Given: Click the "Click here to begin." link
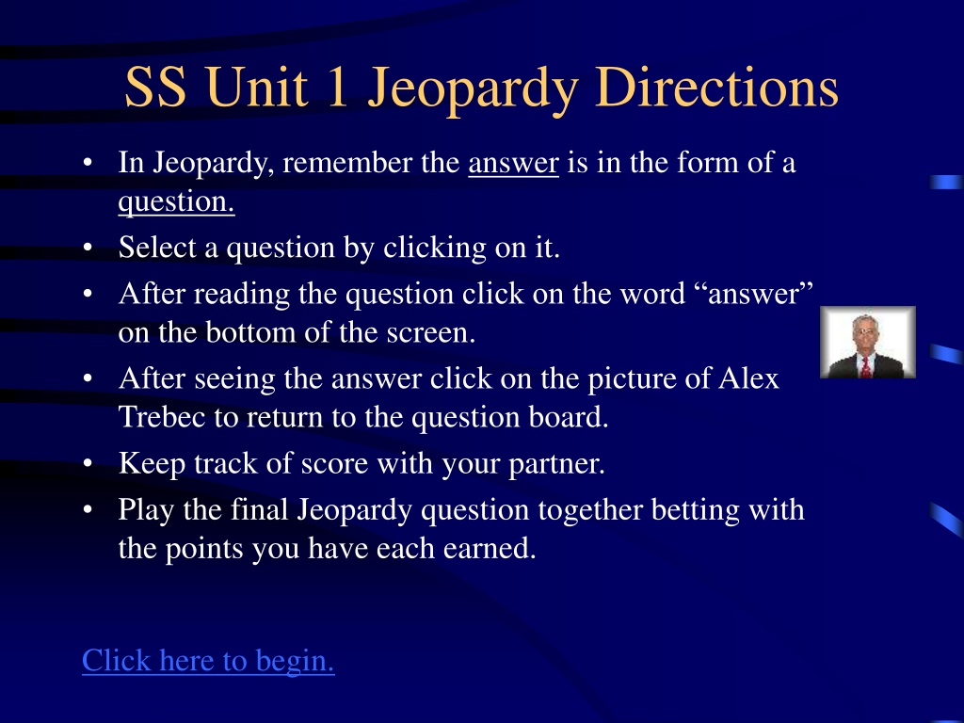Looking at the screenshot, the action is [x=208, y=662].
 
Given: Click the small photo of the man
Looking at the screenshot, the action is [x=867, y=342].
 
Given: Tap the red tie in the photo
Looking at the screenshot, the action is [x=866, y=366].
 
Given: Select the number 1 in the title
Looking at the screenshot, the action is [x=338, y=88].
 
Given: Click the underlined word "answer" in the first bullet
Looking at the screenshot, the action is [x=513, y=163].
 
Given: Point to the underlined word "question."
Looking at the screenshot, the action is [x=176, y=202].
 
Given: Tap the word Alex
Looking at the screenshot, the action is [x=748, y=378].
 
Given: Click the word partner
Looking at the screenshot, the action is [x=557, y=464].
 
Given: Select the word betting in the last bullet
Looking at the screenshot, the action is [x=696, y=511].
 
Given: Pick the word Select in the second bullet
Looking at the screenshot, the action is [x=157, y=248].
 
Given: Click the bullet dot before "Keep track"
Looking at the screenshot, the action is [x=88, y=463].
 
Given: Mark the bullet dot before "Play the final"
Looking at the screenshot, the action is [x=88, y=509].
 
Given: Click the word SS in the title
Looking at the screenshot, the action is [x=155, y=88].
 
